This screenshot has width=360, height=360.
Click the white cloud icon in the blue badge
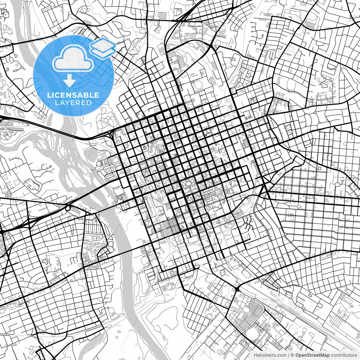pos(73,58)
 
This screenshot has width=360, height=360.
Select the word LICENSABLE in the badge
pos(73,95)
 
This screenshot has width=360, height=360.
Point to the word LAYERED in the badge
pos(73,103)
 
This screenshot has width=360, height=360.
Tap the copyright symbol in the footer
pos(292,355)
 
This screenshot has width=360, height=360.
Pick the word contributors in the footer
pos(343,355)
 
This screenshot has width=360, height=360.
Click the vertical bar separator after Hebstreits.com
pos(289,355)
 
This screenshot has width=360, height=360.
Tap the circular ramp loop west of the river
pos(68,208)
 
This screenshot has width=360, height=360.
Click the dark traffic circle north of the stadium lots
pos(237,289)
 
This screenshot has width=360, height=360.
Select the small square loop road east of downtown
pos(319,168)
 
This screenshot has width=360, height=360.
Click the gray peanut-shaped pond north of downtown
pos(212,80)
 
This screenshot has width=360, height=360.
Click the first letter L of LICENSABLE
pos(49,95)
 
